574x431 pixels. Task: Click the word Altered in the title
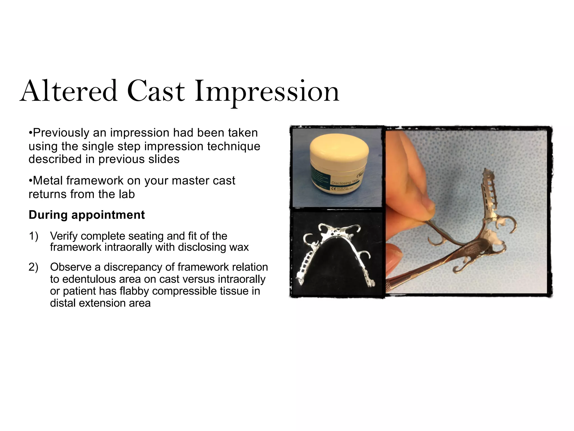pyautogui.click(x=69, y=91)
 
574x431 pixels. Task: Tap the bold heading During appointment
pyautogui.click(x=87, y=215)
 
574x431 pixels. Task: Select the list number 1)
pyautogui.click(x=33, y=236)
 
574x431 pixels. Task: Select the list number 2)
pyautogui.click(x=33, y=267)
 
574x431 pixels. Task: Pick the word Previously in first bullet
pyautogui.click(x=61, y=133)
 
